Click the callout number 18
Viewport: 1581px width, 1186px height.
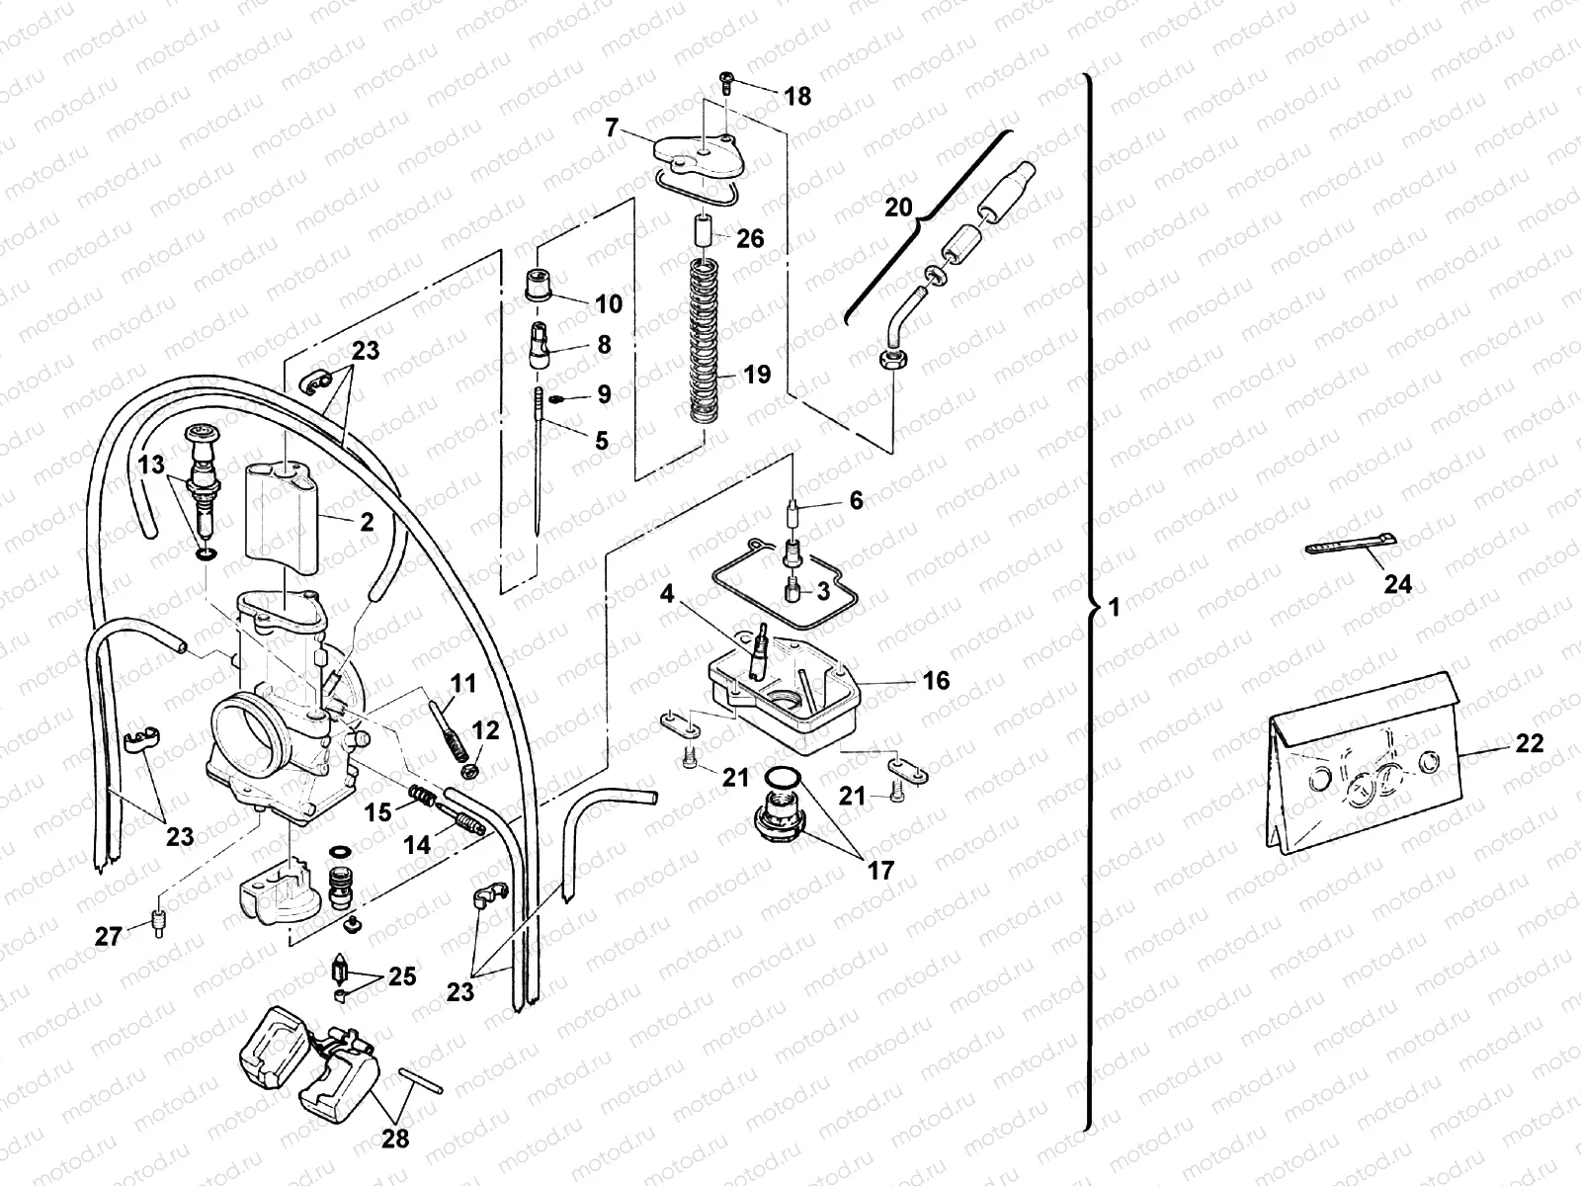796,96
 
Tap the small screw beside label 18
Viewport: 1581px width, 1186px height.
724,83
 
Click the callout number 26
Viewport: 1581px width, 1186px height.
750,238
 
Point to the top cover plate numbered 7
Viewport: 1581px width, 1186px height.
698,153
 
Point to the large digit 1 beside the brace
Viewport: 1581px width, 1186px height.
1115,608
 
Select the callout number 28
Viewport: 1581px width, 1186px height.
395,1139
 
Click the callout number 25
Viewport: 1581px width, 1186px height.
401,976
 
